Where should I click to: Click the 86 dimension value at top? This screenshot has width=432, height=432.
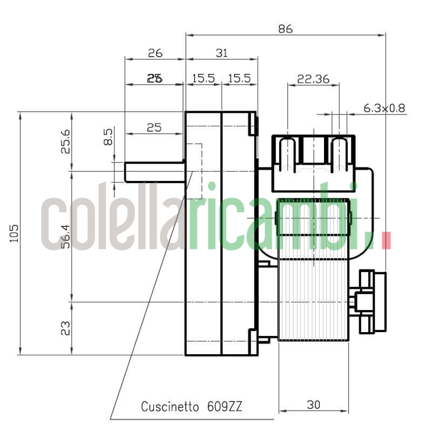click(x=285, y=29)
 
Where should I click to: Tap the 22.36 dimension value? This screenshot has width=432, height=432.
click(x=313, y=79)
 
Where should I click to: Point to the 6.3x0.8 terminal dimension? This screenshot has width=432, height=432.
click(x=384, y=108)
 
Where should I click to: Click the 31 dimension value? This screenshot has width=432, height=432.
click(x=221, y=53)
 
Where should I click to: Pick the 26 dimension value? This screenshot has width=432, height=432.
click(x=155, y=53)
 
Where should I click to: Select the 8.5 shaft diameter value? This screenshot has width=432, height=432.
click(x=108, y=137)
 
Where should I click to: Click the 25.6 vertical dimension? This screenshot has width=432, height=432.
click(x=66, y=141)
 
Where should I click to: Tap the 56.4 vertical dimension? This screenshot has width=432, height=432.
click(x=66, y=237)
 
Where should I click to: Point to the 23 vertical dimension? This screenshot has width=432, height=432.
click(x=66, y=328)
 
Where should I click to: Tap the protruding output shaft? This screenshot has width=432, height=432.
click(x=154, y=171)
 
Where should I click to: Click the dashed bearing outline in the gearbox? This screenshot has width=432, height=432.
click(x=194, y=171)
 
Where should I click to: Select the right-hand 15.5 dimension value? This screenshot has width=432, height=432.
click(x=239, y=79)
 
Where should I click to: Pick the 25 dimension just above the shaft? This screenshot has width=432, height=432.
click(x=154, y=128)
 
